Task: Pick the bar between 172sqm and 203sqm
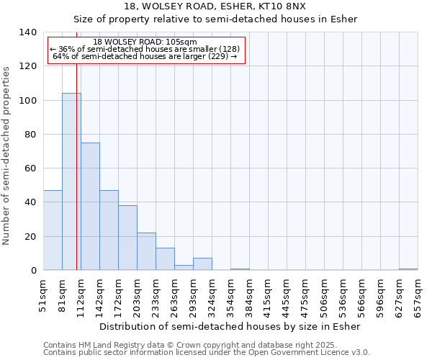coord(127,238)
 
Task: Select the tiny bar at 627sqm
coord(408,269)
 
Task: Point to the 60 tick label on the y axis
coord(30,168)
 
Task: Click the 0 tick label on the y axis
coord(33,271)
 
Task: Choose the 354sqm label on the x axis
coord(230,297)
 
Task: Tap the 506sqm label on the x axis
coord(324,297)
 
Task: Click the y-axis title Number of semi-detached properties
coord(7,156)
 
